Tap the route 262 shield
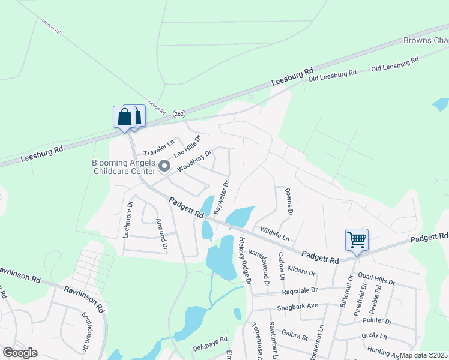pyautogui.click(x=179, y=113)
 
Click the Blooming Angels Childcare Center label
pyautogui.click(x=123, y=167)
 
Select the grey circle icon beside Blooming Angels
pyautogui.click(x=164, y=165)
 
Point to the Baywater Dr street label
pyautogui.click(x=221, y=198)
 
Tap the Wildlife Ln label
pyautogui.click(x=274, y=230)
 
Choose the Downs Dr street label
pyautogui.click(x=289, y=202)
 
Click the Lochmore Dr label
pyautogui.click(x=127, y=218)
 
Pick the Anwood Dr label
pyautogui.click(x=160, y=233)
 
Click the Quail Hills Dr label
pyautogui.click(x=376, y=278)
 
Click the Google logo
pyautogui.click(x=20, y=353)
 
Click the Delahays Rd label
pyautogui.click(x=210, y=347)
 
